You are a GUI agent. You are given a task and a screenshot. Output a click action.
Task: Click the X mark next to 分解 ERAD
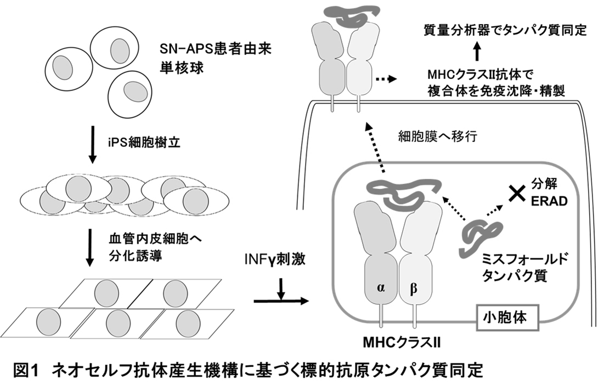(x=515, y=193)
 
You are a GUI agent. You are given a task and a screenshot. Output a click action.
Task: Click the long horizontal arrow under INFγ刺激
(x=281, y=301)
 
